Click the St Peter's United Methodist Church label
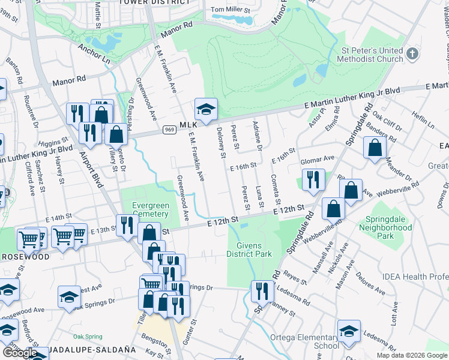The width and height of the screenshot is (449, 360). pos(372,55)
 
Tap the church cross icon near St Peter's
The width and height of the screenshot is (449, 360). pos(412,55)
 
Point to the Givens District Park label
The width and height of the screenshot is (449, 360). pos(249,250)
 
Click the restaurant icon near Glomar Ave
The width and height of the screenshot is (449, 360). pos(313,179)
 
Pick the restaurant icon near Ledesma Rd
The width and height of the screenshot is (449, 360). pos(262,292)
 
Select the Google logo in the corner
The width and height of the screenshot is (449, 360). pos(19,353)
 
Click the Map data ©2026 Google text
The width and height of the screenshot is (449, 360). pos(412,355)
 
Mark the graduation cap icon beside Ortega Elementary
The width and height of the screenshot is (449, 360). pos(349,332)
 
